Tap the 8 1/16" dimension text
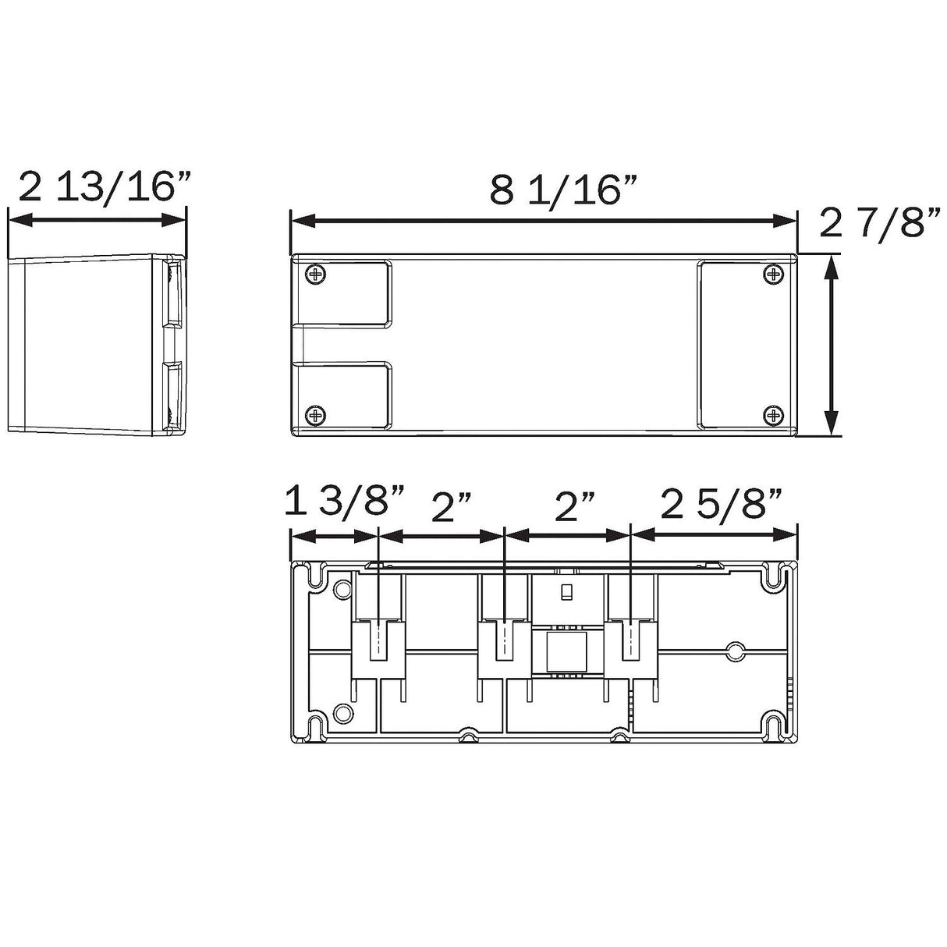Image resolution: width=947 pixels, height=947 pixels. point(564,190)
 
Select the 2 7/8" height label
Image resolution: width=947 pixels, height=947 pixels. point(880,222)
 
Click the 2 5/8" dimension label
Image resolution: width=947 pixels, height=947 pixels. point(721,502)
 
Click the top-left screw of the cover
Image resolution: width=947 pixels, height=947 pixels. point(315,274)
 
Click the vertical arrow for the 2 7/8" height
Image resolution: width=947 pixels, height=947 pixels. point(831,345)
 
